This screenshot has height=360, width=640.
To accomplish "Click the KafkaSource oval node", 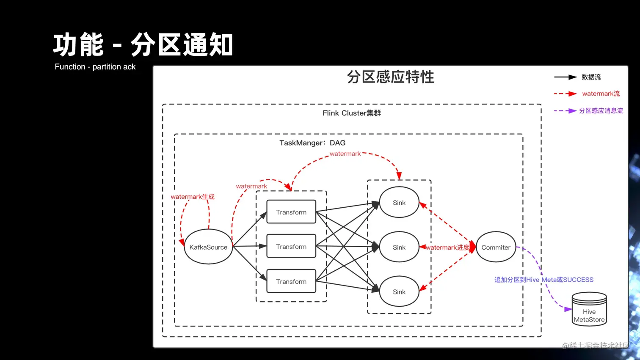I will (x=208, y=247).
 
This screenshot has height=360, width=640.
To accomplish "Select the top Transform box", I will (x=291, y=212).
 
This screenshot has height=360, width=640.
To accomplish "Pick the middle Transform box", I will (x=291, y=246).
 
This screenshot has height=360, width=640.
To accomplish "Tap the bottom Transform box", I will (x=291, y=281).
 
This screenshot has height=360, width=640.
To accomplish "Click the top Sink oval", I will (x=399, y=203).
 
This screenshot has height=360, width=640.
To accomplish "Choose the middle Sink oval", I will (x=399, y=247).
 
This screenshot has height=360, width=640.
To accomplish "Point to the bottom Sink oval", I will (x=399, y=291).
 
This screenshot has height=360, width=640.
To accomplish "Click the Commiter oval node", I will (x=496, y=247).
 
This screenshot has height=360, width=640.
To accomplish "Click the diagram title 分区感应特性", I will (x=390, y=77).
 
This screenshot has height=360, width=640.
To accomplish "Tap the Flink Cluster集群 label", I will (x=351, y=113).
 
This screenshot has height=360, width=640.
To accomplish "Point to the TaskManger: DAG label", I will (x=312, y=143).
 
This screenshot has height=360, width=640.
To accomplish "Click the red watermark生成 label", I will (x=193, y=197).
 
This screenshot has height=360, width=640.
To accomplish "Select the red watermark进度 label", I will (x=447, y=247).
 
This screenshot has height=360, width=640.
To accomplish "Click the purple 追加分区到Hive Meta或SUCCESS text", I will (x=543, y=280).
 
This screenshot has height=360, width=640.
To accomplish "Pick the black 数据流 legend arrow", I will (x=565, y=77).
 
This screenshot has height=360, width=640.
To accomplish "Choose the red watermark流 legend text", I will (x=601, y=93).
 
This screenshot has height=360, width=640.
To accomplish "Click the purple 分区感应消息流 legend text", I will (x=601, y=110).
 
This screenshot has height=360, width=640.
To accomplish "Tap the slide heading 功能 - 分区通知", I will (x=143, y=45).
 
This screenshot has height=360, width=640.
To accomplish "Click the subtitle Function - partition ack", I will (x=95, y=67).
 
